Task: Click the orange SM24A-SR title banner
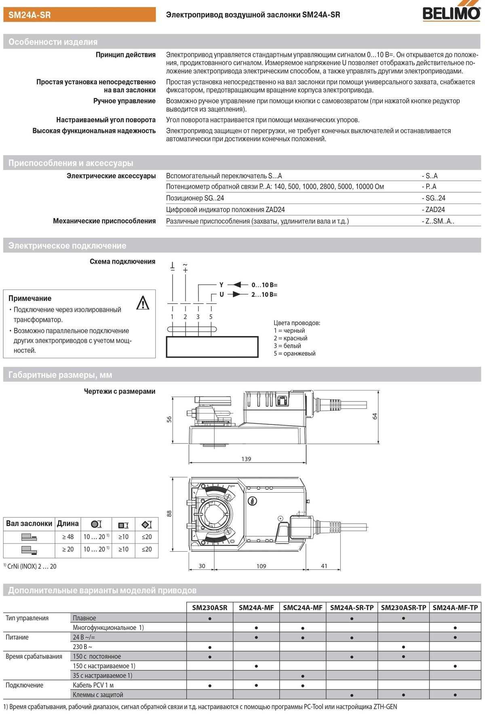click(80, 15)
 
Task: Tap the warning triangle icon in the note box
click(143, 303)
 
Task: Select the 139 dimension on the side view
click(246, 459)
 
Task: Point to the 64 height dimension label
click(374, 416)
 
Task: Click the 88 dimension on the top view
click(169, 513)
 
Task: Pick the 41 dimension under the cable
click(324, 566)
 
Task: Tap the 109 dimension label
click(261, 566)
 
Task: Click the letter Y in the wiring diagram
click(221, 285)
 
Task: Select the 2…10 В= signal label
click(264, 294)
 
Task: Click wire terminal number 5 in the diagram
click(211, 317)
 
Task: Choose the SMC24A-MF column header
click(303, 607)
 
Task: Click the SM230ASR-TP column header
click(403, 607)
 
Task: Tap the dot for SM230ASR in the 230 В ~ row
click(210, 647)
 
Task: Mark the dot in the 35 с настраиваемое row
click(303, 676)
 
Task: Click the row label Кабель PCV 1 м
click(93, 685)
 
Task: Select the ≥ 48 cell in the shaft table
click(67, 537)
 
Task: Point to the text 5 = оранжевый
click(294, 353)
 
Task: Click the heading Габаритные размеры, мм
click(60, 375)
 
